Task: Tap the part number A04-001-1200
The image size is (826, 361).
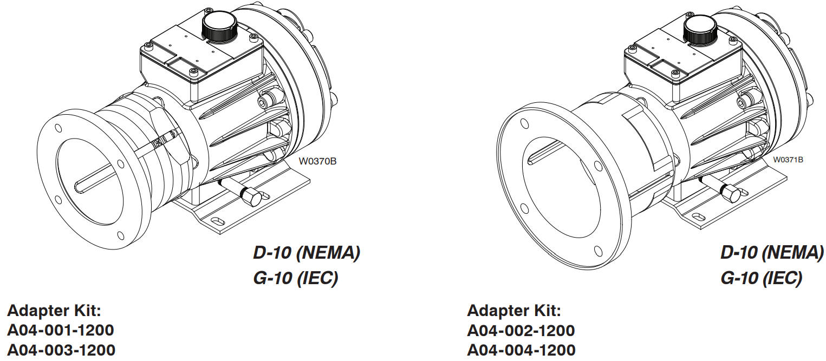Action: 61,330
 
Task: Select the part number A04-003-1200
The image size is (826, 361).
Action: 61,350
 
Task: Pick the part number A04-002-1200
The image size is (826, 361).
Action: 521,330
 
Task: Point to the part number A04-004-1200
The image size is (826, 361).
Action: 521,350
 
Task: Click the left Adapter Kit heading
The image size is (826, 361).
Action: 54,311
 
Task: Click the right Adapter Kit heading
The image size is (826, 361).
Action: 514,311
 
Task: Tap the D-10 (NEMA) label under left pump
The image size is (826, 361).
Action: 306,253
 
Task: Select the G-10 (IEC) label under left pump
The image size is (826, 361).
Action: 295,278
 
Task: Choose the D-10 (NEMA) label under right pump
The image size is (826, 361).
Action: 771,253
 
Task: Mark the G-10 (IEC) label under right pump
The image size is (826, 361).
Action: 760,278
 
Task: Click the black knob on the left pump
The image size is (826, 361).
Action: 219,25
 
